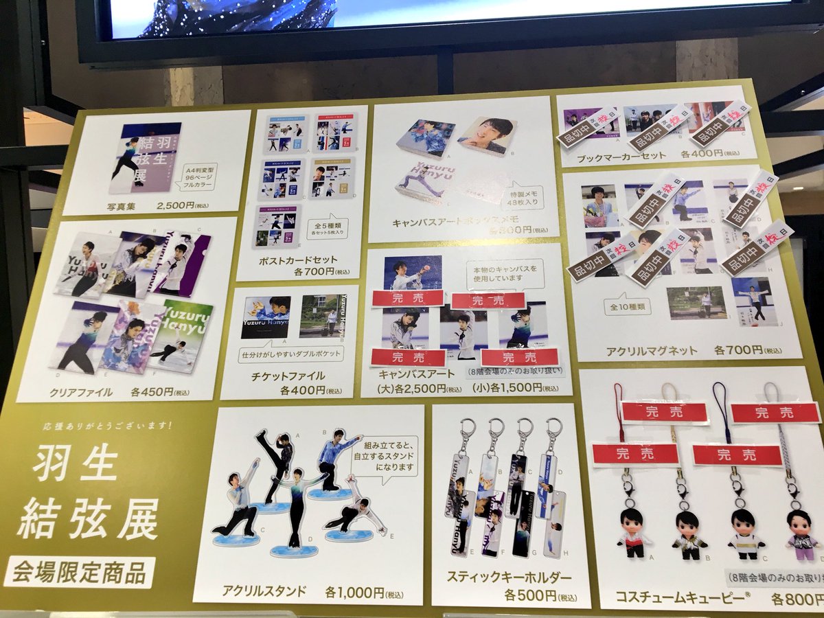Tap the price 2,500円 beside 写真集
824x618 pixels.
[x=175, y=205]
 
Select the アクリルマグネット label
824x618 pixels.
[x=651, y=351]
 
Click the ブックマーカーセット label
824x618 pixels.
[x=621, y=156]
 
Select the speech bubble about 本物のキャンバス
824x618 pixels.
[x=505, y=274]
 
